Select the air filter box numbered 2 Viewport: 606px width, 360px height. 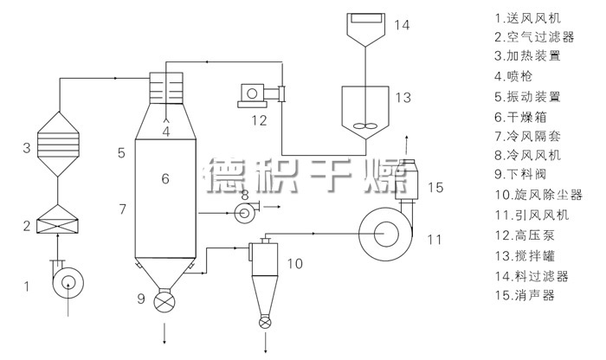[x=57, y=220]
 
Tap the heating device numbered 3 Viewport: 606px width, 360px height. [x=58, y=145]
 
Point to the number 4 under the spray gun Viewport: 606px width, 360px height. [x=166, y=132]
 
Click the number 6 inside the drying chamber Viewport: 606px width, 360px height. [x=165, y=178]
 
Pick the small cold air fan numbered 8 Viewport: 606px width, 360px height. [x=246, y=211]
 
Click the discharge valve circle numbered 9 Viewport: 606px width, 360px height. [x=164, y=301]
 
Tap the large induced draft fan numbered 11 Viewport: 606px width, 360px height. [x=385, y=234]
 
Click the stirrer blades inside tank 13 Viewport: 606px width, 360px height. [x=364, y=126]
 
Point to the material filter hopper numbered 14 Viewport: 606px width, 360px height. [x=365, y=29]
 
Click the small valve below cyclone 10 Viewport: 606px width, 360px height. [x=265, y=323]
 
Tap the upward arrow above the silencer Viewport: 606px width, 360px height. [x=406, y=145]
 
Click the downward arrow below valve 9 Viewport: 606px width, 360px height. [x=164, y=333]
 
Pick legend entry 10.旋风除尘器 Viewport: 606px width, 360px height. [x=538, y=195]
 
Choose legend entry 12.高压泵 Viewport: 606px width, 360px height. [x=525, y=235]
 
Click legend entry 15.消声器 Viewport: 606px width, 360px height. [x=525, y=295]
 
